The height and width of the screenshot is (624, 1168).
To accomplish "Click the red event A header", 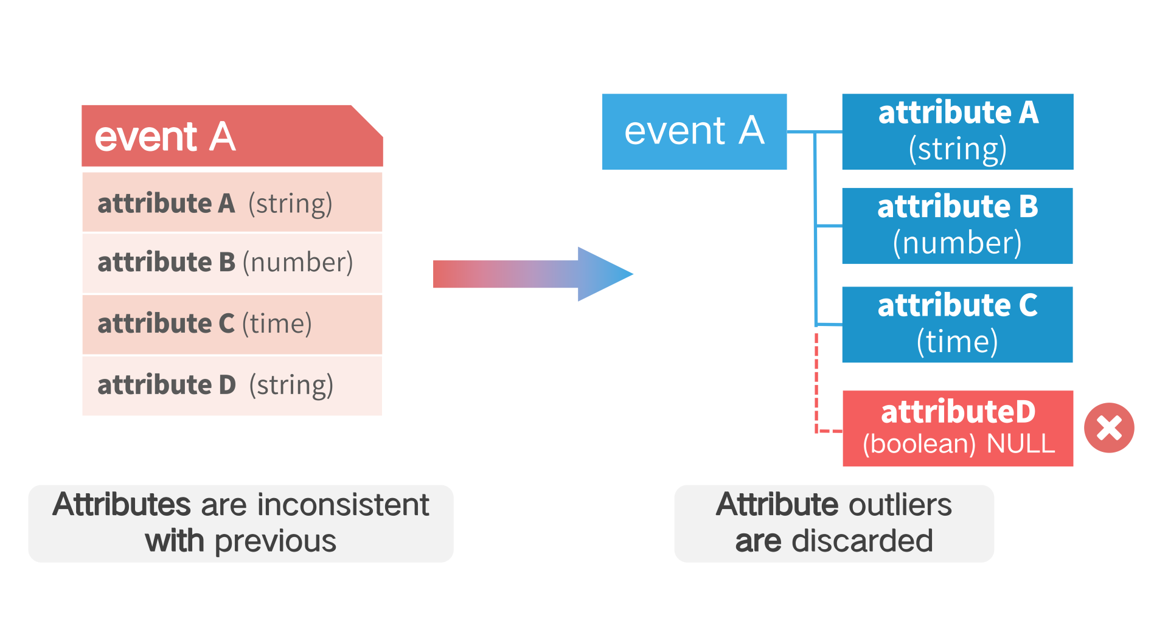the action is [x=232, y=136].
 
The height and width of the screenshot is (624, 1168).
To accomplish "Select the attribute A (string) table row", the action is [x=232, y=202].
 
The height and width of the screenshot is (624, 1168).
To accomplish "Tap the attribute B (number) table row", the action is [x=232, y=263].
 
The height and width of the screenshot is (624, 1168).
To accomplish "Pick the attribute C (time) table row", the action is [x=232, y=324].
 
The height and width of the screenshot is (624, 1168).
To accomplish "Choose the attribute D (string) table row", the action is [x=232, y=386].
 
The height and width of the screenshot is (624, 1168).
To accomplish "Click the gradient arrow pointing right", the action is [x=533, y=274].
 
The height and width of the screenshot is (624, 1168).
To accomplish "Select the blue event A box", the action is [x=694, y=131].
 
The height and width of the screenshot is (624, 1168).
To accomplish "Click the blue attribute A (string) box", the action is [x=958, y=131].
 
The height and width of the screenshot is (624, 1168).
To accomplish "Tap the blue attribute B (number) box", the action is [x=958, y=226].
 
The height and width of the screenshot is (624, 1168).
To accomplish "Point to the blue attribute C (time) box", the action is [x=958, y=324].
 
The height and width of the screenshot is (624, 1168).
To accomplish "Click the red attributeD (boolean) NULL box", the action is [x=958, y=428].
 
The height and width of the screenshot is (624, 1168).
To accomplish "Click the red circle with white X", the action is [x=1109, y=428].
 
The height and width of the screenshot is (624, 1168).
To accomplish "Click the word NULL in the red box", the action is [x=1020, y=443].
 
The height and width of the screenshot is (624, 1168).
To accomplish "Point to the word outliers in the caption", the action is [x=900, y=504].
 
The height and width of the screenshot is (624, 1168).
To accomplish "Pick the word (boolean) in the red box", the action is [x=919, y=443].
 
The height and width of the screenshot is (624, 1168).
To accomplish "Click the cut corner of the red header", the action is [x=367, y=120].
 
